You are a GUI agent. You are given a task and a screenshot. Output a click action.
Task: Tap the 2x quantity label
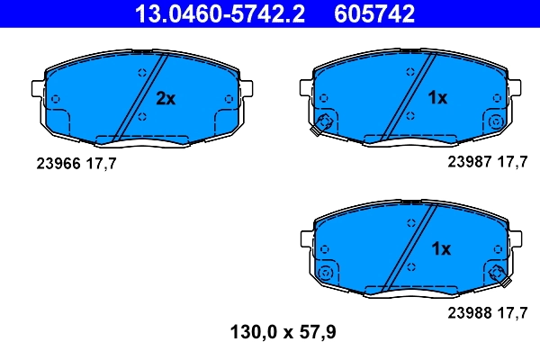point(166,98)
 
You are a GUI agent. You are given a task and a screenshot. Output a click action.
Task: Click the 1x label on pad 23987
point(436,98)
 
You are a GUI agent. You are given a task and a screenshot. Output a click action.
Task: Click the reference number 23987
point(468,163)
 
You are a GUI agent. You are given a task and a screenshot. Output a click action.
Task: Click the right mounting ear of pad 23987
point(515,87)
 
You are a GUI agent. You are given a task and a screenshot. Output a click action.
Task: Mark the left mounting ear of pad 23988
point(305,238)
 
